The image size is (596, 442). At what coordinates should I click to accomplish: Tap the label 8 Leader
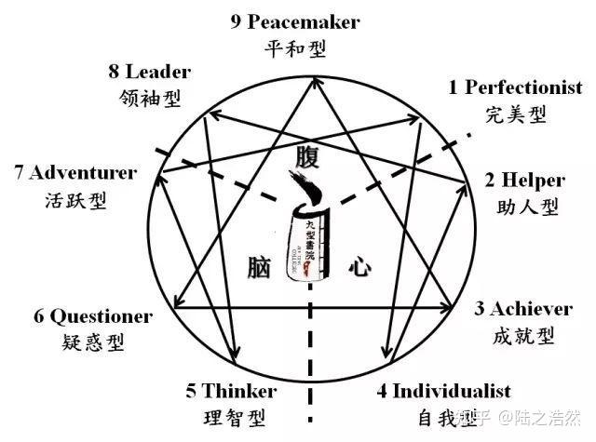149,72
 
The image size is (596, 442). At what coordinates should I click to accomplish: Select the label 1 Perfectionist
516,88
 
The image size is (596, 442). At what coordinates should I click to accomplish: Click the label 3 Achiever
535,308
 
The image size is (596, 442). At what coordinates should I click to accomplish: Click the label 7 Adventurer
76,172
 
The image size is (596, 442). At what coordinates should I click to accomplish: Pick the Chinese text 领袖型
150,97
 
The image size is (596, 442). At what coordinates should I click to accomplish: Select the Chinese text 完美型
515,114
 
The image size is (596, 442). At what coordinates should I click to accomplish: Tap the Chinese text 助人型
526,206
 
